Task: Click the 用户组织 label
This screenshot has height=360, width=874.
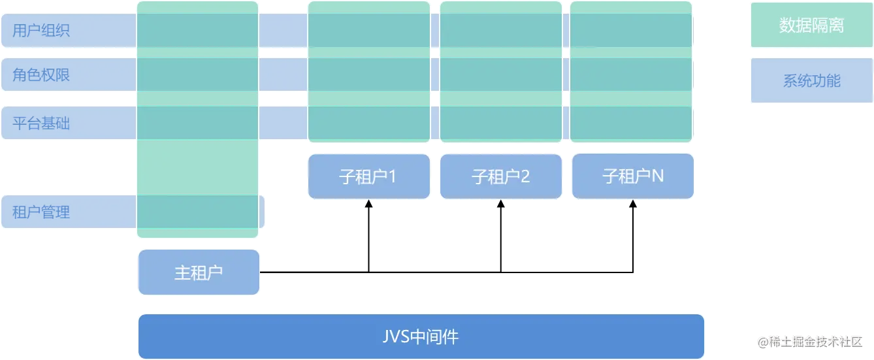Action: [41, 31]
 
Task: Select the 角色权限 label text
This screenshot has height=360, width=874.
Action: [41, 75]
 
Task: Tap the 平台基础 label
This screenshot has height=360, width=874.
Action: [41, 123]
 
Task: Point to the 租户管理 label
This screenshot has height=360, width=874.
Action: [41, 212]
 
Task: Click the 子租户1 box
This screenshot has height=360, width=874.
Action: [368, 176]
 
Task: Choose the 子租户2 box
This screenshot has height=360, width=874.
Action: [500, 176]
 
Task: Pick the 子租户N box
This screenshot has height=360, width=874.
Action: [632, 176]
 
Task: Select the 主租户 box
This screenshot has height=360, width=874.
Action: [199, 272]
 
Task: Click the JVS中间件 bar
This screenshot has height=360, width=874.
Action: [421, 336]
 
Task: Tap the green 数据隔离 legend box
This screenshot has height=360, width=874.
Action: [811, 25]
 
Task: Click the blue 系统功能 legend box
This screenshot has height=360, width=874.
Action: [811, 81]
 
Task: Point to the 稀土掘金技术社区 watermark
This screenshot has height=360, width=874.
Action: [811, 341]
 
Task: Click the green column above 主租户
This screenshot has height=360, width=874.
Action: [198, 163]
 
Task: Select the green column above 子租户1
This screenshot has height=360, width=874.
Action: [368, 72]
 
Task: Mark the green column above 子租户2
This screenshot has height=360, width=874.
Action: [500, 72]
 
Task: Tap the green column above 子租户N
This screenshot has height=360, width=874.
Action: [631, 72]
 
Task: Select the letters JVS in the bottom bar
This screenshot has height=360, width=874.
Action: [396, 337]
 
